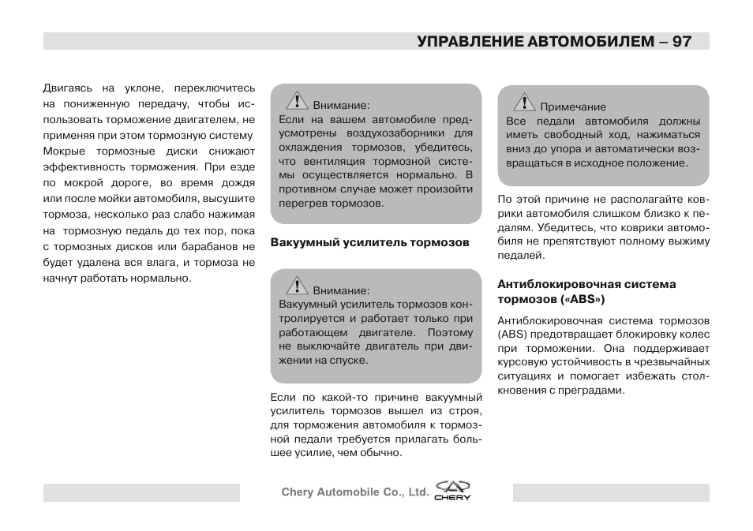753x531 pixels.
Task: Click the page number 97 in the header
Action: click(x=683, y=41)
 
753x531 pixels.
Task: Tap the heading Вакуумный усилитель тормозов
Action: click(x=369, y=242)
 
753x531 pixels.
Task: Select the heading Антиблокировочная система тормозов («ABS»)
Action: click(x=586, y=292)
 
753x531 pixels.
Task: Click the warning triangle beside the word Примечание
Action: click(x=524, y=103)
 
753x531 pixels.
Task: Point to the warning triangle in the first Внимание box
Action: click(x=297, y=100)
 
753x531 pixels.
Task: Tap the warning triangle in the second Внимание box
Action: click(x=297, y=286)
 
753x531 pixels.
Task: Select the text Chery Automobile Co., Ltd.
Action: click(x=354, y=492)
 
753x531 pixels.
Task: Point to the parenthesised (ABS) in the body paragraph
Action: click(x=511, y=334)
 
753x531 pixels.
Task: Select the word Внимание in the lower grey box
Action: click(x=340, y=290)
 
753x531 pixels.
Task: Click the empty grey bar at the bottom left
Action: click(x=141, y=493)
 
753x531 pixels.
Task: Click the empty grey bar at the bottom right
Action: click(x=610, y=493)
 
